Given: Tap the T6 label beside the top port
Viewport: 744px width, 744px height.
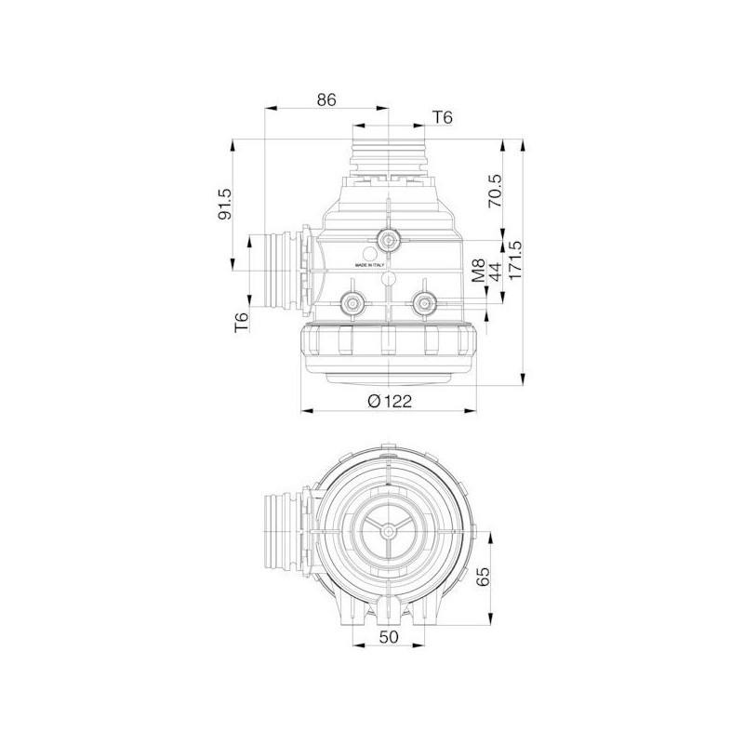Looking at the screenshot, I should [443, 117].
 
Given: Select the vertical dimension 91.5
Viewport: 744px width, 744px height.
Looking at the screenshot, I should [222, 205].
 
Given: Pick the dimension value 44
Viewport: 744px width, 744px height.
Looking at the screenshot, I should [495, 272].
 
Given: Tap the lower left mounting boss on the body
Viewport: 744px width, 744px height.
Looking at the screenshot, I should [352, 301].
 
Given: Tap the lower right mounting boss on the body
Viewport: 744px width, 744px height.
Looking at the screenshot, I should [425, 301].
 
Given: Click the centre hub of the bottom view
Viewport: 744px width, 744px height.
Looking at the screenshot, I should [389, 535].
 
